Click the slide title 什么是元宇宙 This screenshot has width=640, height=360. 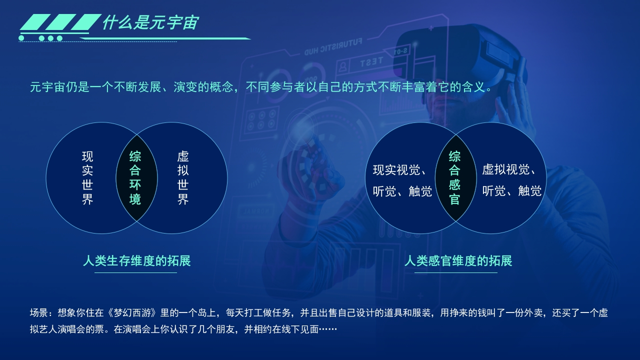pyautogui.click(x=150, y=22)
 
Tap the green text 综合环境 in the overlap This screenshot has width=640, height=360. pyautogui.click(x=135, y=177)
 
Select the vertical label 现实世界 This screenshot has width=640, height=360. pyautogui.click(x=87, y=177)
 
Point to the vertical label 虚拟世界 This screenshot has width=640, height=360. pyautogui.click(x=183, y=177)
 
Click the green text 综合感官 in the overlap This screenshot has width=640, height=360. pyautogui.click(x=454, y=177)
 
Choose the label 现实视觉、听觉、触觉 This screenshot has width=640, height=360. pyautogui.click(x=402, y=180)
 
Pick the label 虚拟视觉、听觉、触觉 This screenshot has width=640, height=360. pyautogui.click(x=511, y=180)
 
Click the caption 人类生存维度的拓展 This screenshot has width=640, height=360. pyautogui.click(x=137, y=261)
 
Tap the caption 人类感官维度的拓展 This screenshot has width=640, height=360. pyautogui.click(x=458, y=261)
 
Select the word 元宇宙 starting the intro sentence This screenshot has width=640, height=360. pyautogui.click(x=47, y=87)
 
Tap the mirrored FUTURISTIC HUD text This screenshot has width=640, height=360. pyautogui.click(x=333, y=47)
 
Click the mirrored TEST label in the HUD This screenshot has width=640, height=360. pyautogui.click(x=371, y=61)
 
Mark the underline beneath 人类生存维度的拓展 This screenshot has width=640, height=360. pyautogui.click(x=135, y=272)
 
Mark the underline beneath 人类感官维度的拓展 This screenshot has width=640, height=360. pyautogui.click(x=455, y=272)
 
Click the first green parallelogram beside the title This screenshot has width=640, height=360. pyautogui.click(x=33, y=22)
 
